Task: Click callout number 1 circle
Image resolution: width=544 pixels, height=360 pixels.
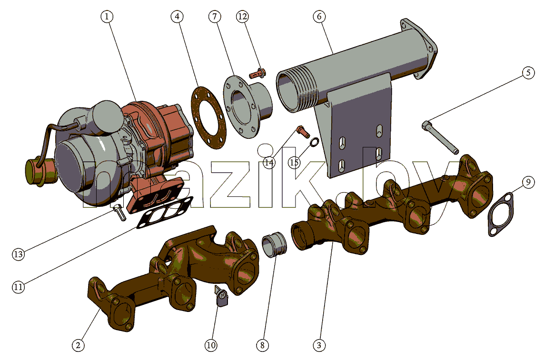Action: tap(107, 16)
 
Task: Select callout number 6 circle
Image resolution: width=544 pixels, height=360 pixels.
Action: tap(319, 16)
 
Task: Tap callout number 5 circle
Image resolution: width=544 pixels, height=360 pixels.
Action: tap(528, 73)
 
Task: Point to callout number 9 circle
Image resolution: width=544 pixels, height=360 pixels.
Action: tap(528, 182)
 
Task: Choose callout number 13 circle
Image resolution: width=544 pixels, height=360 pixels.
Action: tap(19, 254)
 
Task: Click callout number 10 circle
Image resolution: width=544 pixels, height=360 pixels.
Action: tap(211, 345)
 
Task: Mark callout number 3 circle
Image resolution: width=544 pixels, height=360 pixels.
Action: tap(319, 345)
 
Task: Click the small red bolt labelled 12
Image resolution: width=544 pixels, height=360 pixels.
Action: tap(258, 74)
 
